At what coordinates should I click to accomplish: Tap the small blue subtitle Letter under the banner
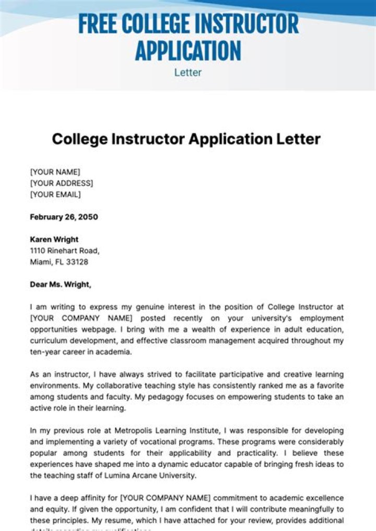(x=188, y=72)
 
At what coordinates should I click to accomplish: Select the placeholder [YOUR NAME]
(x=55, y=171)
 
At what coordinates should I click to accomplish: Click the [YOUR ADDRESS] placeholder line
(x=62, y=183)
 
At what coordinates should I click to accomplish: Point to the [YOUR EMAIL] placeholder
(x=55, y=194)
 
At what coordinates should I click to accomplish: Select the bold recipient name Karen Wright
(x=54, y=239)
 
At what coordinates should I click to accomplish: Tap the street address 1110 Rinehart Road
(x=65, y=251)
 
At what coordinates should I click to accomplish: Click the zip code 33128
(x=77, y=262)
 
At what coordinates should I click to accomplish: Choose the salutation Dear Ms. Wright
(x=61, y=285)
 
